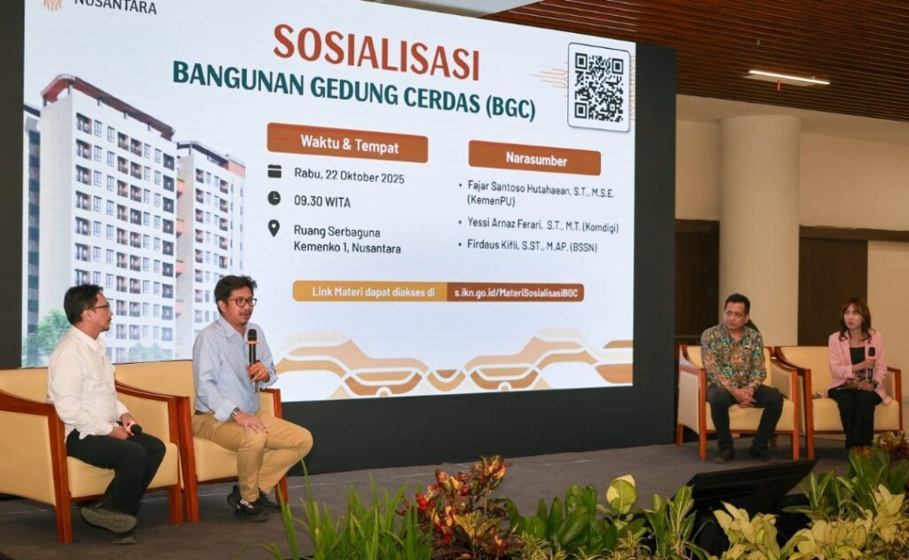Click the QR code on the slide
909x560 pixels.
[599, 87]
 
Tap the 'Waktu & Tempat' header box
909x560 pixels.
[347, 143]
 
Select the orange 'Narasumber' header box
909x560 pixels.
[534, 158]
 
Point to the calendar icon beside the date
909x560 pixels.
[274, 170]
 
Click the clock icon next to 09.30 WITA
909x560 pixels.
[274, 198]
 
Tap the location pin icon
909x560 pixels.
[273, 228]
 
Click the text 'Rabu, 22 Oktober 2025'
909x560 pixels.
[349, 176]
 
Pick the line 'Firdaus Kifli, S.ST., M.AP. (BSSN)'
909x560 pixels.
[532, 245]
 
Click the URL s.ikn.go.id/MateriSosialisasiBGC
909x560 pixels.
[516, 293]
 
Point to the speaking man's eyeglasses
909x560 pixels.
[243, 302]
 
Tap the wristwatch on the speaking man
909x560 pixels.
[234, 414]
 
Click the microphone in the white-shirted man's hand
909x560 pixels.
[133, 429]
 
